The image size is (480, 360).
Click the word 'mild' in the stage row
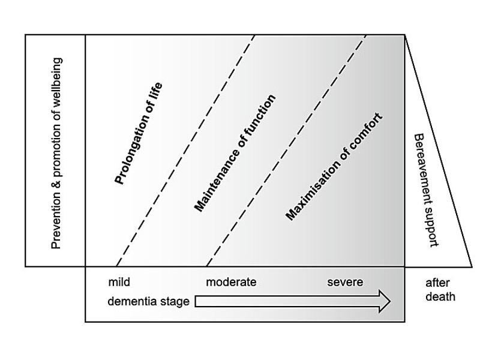click(x=119, y=282)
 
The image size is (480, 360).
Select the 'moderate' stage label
click(x=231, y=282)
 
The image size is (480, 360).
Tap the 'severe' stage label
click(x=345, y=282)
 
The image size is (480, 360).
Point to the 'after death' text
click(x=440, y=290)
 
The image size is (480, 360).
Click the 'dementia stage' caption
click(x=149, y=301)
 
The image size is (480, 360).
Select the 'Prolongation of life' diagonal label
click(x=139, y=134)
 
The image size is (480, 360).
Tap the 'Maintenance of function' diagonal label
click(x=235, y=153)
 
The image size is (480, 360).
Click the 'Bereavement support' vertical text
click(x=427, y=190)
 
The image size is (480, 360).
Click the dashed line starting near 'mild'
click(x=186, y=150)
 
